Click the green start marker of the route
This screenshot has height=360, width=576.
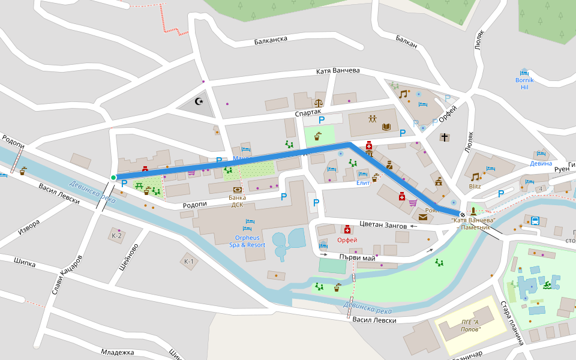click(113, 177)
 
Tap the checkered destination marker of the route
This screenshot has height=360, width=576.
click(462, 214)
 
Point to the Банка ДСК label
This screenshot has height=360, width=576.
click(237, 200)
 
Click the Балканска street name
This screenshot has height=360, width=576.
click(271, 40)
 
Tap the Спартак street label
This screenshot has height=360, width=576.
click(308, 113)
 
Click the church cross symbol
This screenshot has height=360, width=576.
click(444, 137)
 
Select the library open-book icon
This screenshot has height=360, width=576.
click(386, 127)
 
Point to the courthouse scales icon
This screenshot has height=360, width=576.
click(317, 103)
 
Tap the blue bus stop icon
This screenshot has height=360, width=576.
click(535, 220)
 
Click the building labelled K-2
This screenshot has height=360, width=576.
click(116, 235)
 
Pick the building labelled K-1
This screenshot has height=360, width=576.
click(189, 261)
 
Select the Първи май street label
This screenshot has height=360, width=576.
click(357, 257)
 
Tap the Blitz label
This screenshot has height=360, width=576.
click(475, 186)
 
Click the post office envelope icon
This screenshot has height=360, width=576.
click(424, 217)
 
